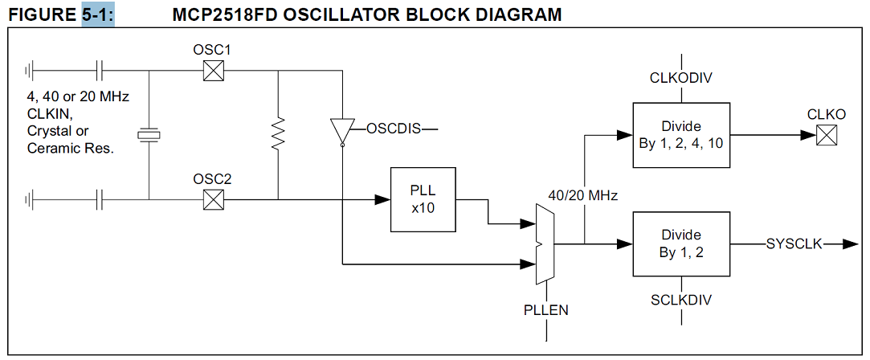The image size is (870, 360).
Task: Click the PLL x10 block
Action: tap(423, 200)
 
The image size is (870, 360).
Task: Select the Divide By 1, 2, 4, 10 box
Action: tap(681, 135)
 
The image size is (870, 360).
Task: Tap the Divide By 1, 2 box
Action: tap(681, 243)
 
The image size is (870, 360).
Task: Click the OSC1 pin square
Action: tap(212, 72)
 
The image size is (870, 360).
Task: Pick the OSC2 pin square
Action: tap(212, 199)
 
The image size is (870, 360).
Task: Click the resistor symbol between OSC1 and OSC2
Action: tap(278, 134)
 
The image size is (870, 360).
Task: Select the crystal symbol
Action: tap(149, 135)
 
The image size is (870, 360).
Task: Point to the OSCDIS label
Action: tap(394, 128)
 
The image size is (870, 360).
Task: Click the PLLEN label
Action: tap(545, 309)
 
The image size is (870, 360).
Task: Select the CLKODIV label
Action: tap(681, 78)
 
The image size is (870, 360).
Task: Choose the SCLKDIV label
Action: tap(681, 300)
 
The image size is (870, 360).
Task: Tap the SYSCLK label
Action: tap(794, 243)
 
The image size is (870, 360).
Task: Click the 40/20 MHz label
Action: tap(583, 195)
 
